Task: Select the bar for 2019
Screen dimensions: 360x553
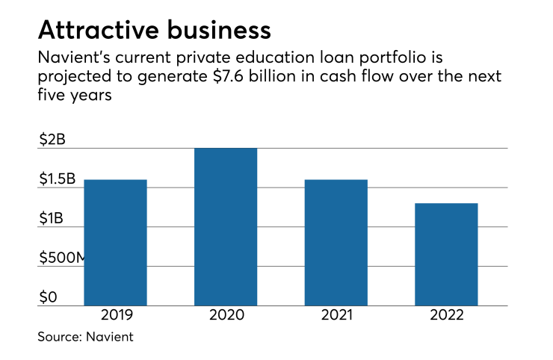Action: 115,242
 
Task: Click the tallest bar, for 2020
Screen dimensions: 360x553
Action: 226,226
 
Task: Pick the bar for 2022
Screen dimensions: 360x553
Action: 446,254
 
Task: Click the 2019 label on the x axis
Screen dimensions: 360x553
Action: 115,315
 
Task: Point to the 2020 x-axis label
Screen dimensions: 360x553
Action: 226,315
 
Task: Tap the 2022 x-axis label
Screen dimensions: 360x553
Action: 446,315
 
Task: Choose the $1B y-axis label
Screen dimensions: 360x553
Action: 52,218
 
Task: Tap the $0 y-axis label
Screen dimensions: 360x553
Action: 47,297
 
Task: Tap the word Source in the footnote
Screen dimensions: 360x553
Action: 60,337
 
